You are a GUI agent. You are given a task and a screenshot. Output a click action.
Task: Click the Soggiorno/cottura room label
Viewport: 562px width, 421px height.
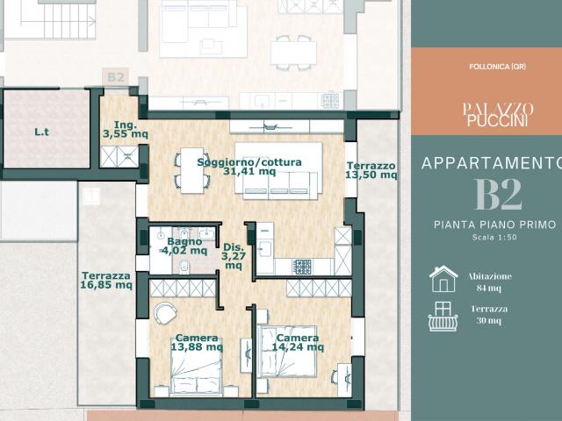coord(249,167)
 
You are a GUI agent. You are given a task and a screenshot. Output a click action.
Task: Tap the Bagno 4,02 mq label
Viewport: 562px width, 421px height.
coord(184,246)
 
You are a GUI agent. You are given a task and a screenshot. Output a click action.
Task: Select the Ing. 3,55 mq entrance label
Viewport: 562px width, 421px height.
coord(126,130)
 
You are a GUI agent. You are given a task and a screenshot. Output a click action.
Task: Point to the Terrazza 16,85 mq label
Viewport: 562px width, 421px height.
coord(106,281)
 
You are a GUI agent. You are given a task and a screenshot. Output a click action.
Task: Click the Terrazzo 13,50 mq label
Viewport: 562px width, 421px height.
coord(371,170)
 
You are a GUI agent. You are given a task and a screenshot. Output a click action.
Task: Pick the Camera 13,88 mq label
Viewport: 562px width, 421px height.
coord(197,343)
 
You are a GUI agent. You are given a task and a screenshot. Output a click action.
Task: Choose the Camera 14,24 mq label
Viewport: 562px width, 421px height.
coord(298,343)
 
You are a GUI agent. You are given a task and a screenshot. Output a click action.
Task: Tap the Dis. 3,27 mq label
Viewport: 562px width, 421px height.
coord(234,256)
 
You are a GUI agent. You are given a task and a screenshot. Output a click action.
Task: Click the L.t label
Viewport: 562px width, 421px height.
coord(41,132)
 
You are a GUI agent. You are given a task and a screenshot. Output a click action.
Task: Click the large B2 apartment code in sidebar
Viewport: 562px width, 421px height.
coord(498,195)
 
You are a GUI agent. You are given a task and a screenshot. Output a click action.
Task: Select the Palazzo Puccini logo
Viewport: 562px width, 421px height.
coord(498,115)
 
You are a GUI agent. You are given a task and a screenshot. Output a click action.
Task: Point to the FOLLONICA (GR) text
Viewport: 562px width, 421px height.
coord(497,67)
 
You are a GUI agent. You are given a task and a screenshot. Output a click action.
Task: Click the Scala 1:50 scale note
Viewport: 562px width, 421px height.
coord(494,237)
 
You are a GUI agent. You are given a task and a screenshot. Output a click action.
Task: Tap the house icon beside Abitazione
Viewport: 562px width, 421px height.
coord(443,279)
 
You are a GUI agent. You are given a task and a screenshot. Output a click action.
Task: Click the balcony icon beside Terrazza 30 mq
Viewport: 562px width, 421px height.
coord(443,317)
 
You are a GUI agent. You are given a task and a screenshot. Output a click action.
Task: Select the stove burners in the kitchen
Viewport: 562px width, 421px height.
coord(303,267)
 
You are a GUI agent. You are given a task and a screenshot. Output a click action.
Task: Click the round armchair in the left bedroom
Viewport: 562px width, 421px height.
coord(165,313)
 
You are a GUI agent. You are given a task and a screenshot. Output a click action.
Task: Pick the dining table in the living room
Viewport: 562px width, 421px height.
coord(192,170)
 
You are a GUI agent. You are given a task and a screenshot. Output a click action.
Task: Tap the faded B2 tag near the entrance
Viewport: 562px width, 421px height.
coord(116,77)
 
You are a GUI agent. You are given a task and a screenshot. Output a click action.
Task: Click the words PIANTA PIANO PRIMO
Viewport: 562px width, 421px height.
coord(495,225)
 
